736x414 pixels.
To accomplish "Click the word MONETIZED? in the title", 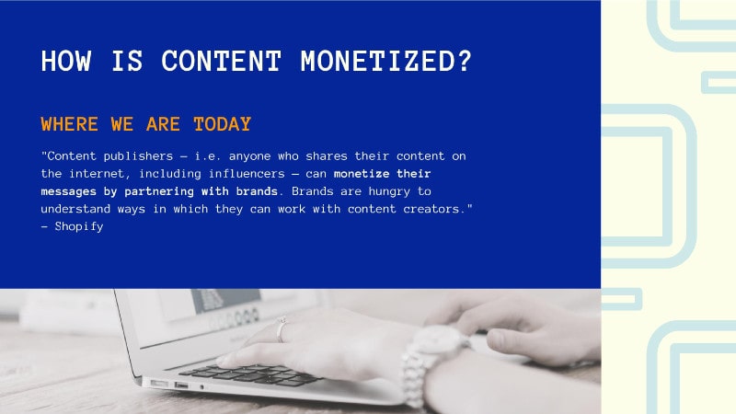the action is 385,61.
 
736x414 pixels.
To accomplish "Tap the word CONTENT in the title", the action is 221,61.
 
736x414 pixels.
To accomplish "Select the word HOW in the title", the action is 65,61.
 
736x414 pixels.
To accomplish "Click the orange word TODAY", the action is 222,124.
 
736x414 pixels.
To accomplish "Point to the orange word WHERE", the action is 70,124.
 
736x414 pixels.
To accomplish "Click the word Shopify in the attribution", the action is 79,226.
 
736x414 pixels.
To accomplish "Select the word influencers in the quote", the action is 247,174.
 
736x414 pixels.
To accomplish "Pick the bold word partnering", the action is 159,191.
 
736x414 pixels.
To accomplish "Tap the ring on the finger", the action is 282,329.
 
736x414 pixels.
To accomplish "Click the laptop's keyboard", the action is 248,374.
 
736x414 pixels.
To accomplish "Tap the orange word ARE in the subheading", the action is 163,124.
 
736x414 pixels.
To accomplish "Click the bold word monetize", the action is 362,174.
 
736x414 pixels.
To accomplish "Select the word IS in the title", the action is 127,61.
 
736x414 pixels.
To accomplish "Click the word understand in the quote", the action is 75,209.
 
